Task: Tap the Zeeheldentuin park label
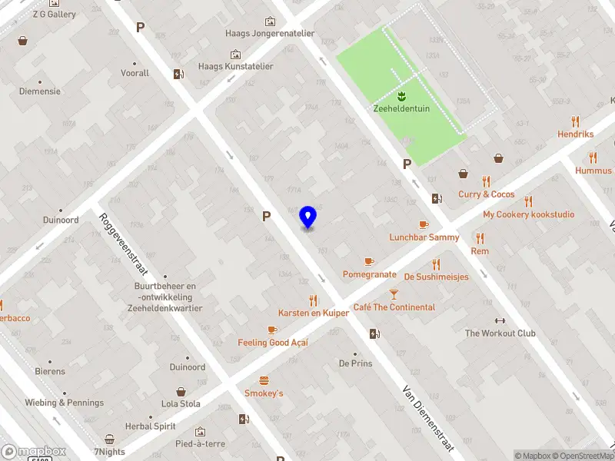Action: pyautogui.click(x=401, y=108)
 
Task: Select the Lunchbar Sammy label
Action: pyautogui.click(x=424, y=237)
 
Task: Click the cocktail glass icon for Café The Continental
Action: pyautogui.click(x=394, y=294)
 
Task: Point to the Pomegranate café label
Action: pyautogui.click(x=369, y=274)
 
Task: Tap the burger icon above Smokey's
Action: pyautogui.click(x=264, y=380)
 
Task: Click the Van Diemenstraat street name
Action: pyautogui.click(x=428, y=418)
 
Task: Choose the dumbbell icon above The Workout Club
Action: pyautogui.click(x=500, y=320)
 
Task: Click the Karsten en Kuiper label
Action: pyautogui.click(x=314, y=313)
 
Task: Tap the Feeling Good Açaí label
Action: pyautogui.click(x=273, y=343)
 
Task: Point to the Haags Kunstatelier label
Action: pyautogui.click(x=235, y=67)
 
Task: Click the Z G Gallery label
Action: pyautogui.click(x=54, y=14)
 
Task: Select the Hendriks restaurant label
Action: pyautogui.click(x=575, y=134)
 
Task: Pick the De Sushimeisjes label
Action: pyautogui.click(x=436, y=277)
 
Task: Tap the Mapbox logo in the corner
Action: pyautogui.click(x=33, y=452)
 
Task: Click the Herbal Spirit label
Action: pyautogui.click(x=151, y=426)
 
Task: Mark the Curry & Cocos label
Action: pyautogui.click(x=486, y=194)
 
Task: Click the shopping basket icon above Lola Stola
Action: pyautogui.click(x=181, y=391)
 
